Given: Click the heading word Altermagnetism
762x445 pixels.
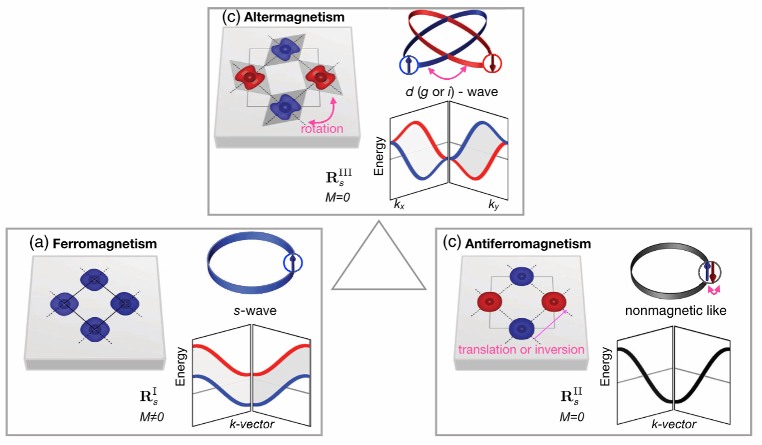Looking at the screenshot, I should click(x=294, y=17).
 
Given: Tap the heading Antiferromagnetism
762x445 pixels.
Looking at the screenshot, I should click(x=529, y=244).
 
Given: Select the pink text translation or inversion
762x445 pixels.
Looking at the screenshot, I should click(x=521, y=350).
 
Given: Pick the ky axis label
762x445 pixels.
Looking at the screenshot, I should click(x=493, y=205).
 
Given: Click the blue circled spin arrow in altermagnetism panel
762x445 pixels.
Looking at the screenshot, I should click(x=408, y=65).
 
